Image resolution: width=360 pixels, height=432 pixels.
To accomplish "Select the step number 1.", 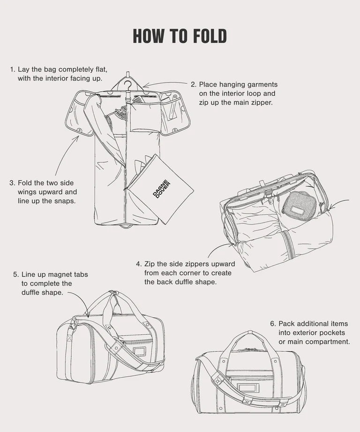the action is tap(12, 69).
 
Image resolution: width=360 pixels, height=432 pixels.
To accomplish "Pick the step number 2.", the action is tap(194, 84).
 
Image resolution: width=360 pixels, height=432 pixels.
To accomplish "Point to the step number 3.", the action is tap(12, 183).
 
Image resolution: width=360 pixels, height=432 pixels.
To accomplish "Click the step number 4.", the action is tap(139, 264).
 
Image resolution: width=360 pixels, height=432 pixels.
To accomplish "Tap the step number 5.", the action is tap(16, 275).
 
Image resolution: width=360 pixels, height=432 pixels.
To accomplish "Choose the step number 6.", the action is tap(273, 323).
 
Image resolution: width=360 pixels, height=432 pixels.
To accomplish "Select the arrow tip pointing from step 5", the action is tap(87, 317).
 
